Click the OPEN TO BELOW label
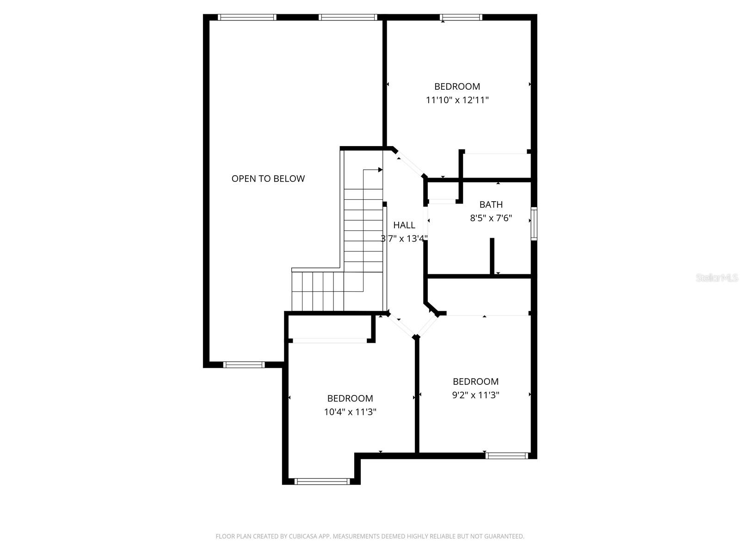[268, 179]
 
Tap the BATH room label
[491, 204]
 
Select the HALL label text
[404, 225]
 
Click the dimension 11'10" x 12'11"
[457, 100]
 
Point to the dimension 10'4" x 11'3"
[350, 412]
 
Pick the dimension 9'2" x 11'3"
[475, 395]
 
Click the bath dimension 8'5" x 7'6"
[491, 218]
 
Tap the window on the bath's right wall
[534, 224]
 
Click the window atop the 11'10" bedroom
[461, 18]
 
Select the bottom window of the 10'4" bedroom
[322, 481]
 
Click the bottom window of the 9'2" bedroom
[506, 456]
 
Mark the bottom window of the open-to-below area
[244, 364]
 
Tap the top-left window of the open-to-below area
[247, 18]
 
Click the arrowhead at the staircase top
[380, 170]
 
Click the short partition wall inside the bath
[492, 256]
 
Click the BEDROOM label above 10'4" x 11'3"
[350, 398]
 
